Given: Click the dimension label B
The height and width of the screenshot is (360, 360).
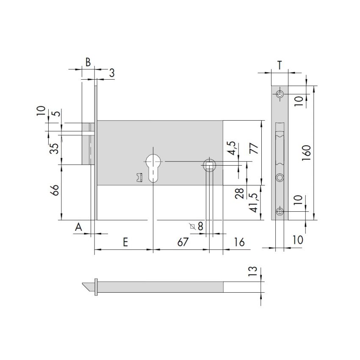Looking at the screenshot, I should (88, 62).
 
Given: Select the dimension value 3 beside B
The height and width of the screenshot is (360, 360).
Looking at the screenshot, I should (112, 73).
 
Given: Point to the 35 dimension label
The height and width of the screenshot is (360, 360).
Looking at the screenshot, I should (54, 149).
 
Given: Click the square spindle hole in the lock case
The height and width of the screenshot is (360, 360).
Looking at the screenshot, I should (210, 164).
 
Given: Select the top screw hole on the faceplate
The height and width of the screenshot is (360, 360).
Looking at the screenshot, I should (280, 94).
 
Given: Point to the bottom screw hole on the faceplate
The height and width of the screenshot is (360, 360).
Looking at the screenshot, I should (280, 212).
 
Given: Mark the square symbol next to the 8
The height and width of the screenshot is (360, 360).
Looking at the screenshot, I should (193, 227).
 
